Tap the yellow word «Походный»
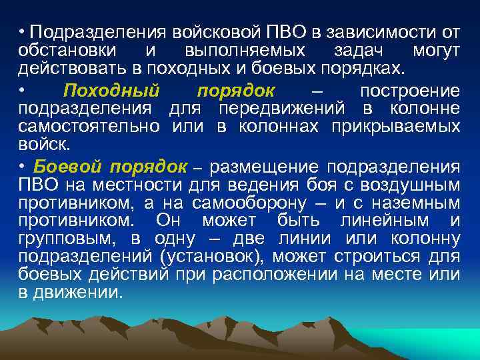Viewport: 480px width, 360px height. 111,90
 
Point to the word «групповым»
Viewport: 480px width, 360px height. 75,238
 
